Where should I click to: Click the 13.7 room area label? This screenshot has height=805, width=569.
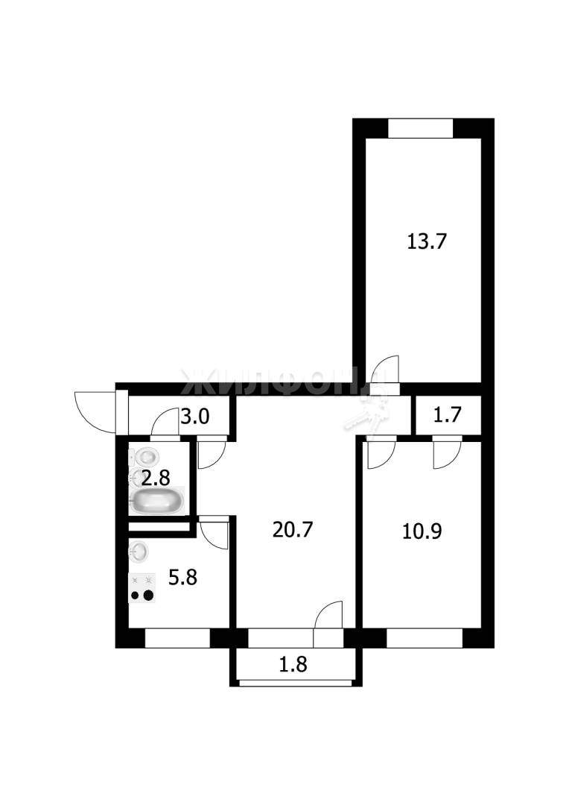point(427,241)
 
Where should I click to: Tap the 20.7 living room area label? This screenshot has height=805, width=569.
point(293,529)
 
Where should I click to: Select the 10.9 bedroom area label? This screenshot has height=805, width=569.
point(422,531)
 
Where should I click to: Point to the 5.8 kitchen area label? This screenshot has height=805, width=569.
point(182,578)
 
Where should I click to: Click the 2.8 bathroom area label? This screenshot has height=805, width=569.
point(156,479)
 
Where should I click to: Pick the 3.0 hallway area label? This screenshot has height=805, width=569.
point(195,417)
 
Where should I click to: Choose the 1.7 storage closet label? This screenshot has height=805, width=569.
point(448,414)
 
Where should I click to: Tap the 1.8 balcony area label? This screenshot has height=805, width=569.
point(293,664)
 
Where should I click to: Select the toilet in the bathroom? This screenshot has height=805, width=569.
point(144,456)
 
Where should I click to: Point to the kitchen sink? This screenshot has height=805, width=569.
point(139,552)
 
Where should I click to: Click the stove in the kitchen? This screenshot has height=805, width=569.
point(142,588)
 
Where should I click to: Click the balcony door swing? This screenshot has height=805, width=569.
point(328,614)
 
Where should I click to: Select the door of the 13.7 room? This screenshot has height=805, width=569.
point(386,370)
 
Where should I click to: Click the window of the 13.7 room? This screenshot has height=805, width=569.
point(421,128)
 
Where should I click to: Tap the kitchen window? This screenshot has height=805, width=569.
point(178,638)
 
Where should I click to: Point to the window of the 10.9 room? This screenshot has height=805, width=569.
point(425,638)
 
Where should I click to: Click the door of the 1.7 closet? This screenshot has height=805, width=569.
point(447,454)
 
